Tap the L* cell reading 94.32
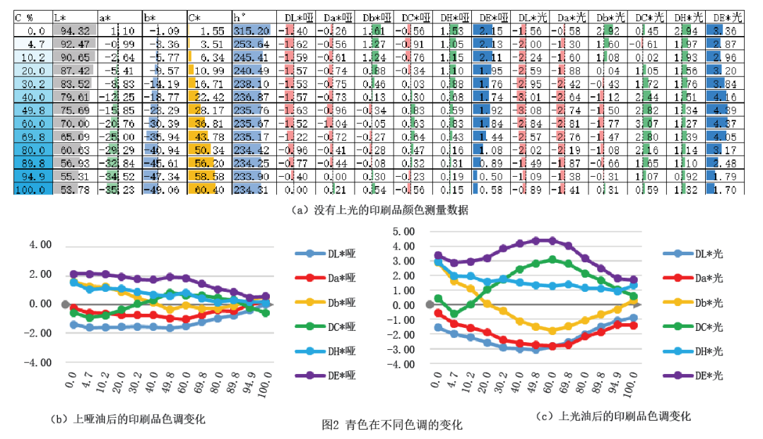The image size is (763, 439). click(73, 31)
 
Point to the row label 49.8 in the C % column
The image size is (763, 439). click(32, 110)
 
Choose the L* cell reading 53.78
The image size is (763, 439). click(73, 189)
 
